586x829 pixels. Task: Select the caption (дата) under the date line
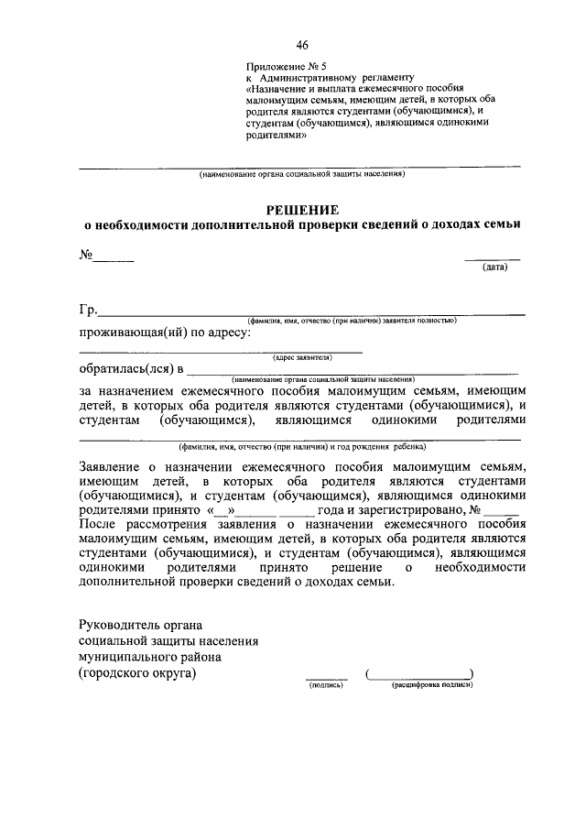[x=494, y=267]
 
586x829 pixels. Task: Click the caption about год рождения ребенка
[x=301, y=447]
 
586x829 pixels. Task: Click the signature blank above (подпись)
[x=326, y=676]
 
